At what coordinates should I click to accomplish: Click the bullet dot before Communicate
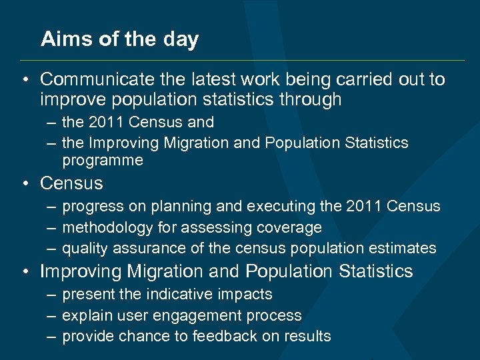click(x=24, y=81)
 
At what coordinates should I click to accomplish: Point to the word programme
click(x=102, y=161)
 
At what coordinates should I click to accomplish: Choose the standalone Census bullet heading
click(x=71, y=183)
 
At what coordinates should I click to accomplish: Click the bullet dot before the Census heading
click(x=24, y=183)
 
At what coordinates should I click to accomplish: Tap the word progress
click(x=91, y=207)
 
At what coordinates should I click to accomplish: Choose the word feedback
click(x=221, y=336)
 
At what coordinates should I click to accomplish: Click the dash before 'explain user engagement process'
click(x=51, y=315)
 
